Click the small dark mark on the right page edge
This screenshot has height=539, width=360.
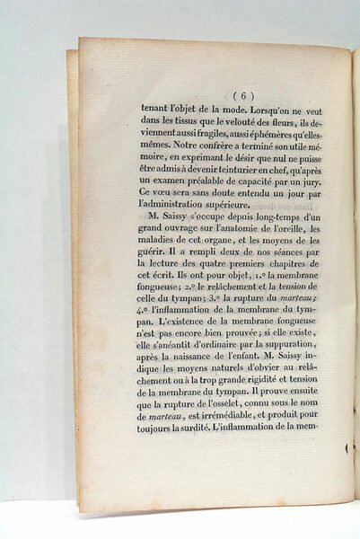pos(347,446)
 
